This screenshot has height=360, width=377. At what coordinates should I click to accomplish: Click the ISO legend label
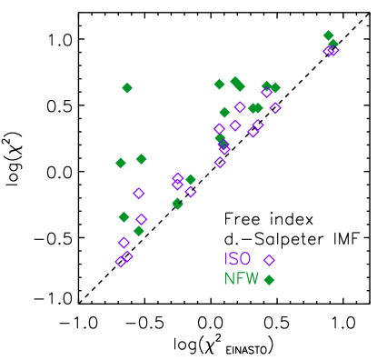click(x=237, y=259)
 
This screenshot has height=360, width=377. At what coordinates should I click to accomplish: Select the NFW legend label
click(x=242, y=279)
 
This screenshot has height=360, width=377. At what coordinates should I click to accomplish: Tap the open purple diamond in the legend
click(x=269, y=260)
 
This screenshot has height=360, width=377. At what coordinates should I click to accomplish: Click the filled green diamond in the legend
click(x=269, y=280)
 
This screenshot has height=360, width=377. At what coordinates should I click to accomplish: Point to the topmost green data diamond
click(x=328, y=35)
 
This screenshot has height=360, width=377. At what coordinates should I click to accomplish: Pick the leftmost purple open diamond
click(x=120, y=262)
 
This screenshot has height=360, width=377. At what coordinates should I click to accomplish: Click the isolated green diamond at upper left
click(x=127, y=88)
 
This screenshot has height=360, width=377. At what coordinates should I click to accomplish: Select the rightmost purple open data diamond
click(x=334, y=51)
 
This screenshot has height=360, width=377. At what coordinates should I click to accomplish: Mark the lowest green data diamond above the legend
click(x=138, y=231)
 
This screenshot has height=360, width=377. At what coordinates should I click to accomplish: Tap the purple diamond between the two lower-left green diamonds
click(x=141, y=219)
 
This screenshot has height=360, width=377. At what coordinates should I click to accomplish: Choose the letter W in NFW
click(x=253, y=279)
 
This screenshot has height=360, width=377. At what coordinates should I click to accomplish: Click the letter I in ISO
click(x=227, y=259)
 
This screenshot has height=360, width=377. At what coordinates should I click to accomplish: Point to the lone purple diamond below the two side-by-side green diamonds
click(x=138, y=193)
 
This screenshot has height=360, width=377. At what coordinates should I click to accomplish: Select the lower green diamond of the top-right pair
click(x=332, y=43)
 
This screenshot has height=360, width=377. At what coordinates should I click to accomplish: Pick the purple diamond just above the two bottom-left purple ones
click(x=124, y=243)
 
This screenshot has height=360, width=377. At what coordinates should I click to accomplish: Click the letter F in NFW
click(x=241, y=279)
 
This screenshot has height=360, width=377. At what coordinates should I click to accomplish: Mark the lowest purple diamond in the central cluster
click(x=220, y=162)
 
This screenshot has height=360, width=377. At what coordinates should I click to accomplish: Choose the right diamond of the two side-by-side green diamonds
click(x=141, y=159)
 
